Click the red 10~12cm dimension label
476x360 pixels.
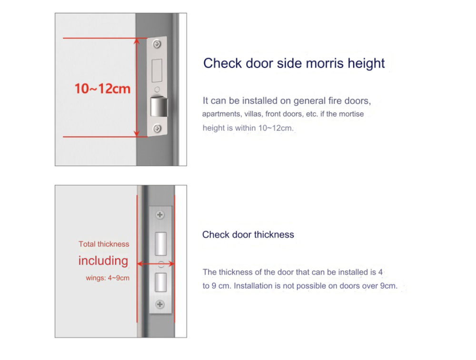pyautogui.click(x=102, y=89)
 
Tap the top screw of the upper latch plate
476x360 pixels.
pyautogui.click(x=157, y=44)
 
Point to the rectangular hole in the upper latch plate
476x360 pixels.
pyautogui.click(x=157, y=70)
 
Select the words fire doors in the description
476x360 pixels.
pyautogui.click(x=349, y=101)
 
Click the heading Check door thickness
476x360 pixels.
pyautogui.click(x=248, y=235)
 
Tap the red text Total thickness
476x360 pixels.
pyautogui.click(x=104, y=244)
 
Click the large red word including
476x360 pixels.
pyautogui.click(x=103, y=260)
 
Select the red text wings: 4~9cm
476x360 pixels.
pyautogui.click(x=108, y=278)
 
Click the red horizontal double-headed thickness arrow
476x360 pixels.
pyautogui.click(x=156, y=263)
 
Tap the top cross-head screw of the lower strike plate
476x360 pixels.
pyautogui.click(x=160, y=215)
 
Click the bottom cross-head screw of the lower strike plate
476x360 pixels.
pyautogui.click(x=160, y=304)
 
